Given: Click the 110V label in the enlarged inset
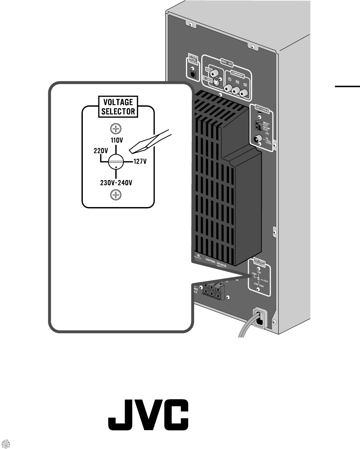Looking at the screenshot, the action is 116,139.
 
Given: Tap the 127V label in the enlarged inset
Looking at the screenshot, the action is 139,161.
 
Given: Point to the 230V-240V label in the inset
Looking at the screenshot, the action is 116,183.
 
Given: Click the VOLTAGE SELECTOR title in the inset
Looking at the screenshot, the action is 118,106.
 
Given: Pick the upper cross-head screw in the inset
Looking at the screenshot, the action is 116,128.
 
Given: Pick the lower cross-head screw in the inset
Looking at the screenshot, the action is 116,195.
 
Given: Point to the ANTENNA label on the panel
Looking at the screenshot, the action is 263,108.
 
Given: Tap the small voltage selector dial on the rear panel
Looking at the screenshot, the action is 258,279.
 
